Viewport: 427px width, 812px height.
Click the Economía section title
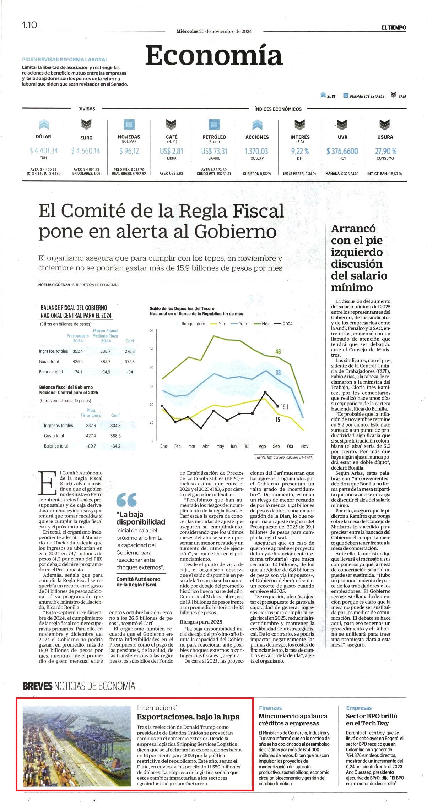tap(214, 55)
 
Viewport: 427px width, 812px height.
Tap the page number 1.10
tap(29, 25)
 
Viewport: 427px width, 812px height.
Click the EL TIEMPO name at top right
tap(394, 28)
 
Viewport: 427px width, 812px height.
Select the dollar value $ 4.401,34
tap(44, 151)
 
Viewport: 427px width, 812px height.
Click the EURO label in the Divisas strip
tap(86, 138)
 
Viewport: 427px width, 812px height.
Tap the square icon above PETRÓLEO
tap(214, 125)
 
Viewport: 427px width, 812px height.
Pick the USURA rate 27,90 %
tap(385, 151)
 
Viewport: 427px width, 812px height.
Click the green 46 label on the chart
tap(278, 351)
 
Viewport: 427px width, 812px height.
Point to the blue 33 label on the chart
tap(278, 372)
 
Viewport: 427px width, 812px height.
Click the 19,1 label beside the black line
tap(285, 407)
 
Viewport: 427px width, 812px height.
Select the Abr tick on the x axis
tap(206, 446)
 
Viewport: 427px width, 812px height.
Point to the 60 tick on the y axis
tap(151, 330)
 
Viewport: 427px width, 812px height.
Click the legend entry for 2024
tap(283, 324)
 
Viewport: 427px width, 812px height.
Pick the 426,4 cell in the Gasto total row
tap(78, 361)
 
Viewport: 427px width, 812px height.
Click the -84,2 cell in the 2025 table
tap(115, 446)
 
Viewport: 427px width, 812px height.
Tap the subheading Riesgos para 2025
tap(201, 621)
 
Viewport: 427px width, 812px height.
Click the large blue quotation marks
tap(126, 500)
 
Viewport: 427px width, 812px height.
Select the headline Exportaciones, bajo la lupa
tap(188, 717)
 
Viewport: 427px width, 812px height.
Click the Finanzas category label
tap(270, 708)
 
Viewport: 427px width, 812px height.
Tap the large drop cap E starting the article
tap(47, 483)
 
